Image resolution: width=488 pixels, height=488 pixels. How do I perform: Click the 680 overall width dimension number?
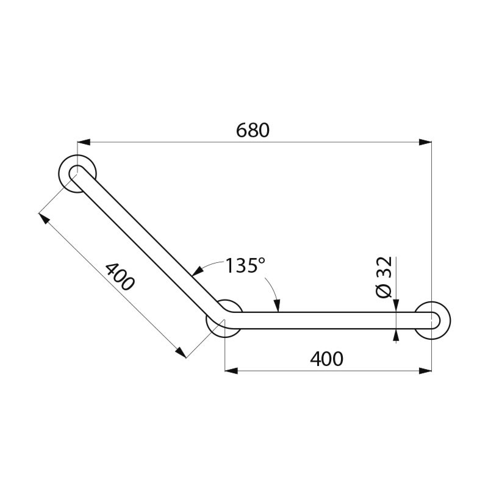[x=252, y=131]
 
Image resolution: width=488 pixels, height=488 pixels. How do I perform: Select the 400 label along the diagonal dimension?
[x=119, y=276]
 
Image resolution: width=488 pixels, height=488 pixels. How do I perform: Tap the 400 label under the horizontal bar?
[x=326, y=359]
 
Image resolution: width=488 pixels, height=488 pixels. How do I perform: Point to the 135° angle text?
[x=245, y=266]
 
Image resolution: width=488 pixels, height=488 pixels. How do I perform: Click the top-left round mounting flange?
[x=78, y=173]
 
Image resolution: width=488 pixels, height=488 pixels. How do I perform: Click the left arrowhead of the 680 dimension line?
[x=84, y=142]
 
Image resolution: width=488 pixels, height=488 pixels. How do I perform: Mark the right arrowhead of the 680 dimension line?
[x=426, y=142]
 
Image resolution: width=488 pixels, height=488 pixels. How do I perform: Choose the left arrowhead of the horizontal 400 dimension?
[x=231, y=370]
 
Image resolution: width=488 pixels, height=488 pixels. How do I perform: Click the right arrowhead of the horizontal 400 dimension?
[x=426, y=370]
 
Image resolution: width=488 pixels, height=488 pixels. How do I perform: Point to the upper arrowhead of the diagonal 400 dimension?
[x=43, y=217]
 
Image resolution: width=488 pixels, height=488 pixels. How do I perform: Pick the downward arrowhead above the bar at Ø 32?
[x=396, y=306]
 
